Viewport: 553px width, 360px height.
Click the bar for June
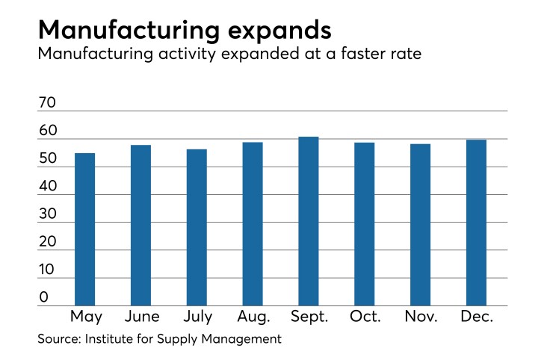pos(140,225)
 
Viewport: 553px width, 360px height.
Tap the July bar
pos(197,227)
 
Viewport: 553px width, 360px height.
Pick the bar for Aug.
pos(253,223)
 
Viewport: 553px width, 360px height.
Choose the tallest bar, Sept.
pos(309,221)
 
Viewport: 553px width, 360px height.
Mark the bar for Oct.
pos(364,223)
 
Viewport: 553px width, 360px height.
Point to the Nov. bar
pos(420,224)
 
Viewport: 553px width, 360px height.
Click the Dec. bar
pos(476,223)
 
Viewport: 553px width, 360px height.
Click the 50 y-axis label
pos(47,158)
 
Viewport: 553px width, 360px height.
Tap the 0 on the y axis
pos(43,297)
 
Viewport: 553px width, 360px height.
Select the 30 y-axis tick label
pos(47,214)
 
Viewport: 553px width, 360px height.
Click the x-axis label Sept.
pos(309,317)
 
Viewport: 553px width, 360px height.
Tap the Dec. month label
pos(476,317)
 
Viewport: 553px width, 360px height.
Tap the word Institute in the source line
pos(112,340)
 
